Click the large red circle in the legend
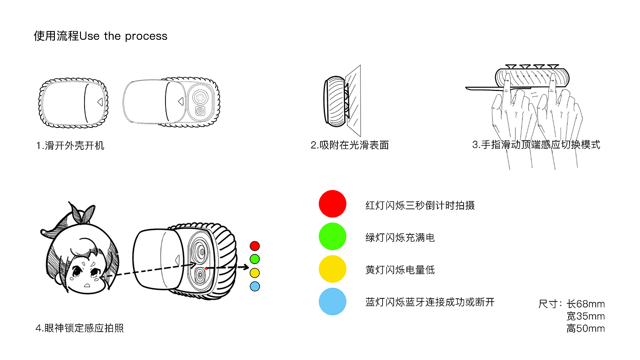332,204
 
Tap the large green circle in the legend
332,236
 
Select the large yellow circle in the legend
332,269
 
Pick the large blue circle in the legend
332,302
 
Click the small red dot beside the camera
255,246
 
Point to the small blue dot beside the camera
255,286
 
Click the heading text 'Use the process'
123,36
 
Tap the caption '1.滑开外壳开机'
70,146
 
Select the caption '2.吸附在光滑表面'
350,145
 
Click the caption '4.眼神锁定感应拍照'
80,328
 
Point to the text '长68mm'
586,304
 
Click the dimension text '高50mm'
586,328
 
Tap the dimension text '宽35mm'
586,316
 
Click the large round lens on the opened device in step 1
200,97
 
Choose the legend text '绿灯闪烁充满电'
400,238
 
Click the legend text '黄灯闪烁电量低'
400,270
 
